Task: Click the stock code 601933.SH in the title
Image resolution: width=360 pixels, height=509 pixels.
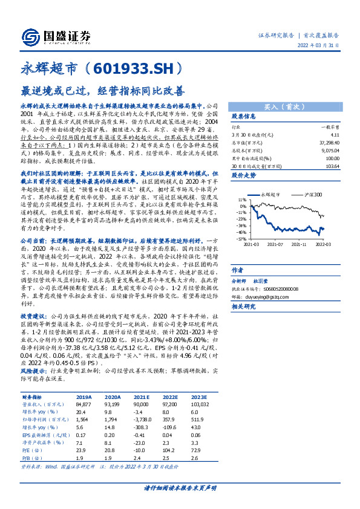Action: pyautogui.click(x=127, y=69)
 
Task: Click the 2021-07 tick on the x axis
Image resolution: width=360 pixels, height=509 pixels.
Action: pyautogui.click(x=276, y=244)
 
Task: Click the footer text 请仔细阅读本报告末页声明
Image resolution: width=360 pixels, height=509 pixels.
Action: pyautogui.click(x=180, y=487)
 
